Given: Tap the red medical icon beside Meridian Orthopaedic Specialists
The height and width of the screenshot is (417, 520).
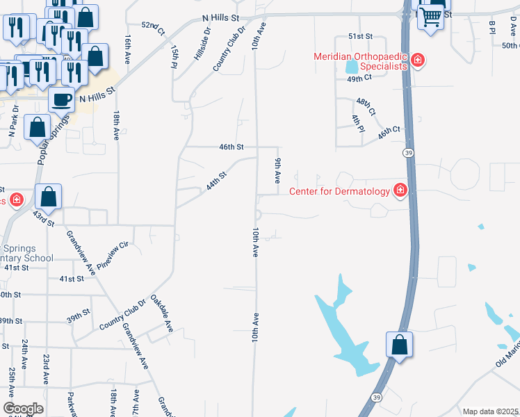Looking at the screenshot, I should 419,60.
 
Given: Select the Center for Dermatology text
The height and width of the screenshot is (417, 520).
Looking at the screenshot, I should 339,190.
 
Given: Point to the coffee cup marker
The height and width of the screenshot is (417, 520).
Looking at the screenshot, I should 61,99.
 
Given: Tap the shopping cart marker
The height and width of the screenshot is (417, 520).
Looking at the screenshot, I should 431,16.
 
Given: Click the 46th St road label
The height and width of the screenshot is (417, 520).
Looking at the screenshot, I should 231,147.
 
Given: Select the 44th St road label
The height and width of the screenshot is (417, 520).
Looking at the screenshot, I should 216,183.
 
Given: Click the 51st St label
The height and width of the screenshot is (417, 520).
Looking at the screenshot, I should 361,36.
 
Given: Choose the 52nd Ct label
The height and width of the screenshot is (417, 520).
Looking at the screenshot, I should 152,28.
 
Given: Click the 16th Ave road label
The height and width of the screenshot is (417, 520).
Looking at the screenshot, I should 128,47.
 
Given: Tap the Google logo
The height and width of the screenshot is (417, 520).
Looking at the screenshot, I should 23,409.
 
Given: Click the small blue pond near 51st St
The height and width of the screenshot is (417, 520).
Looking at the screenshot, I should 350,67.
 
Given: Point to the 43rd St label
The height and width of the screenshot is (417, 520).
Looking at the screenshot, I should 43,219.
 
